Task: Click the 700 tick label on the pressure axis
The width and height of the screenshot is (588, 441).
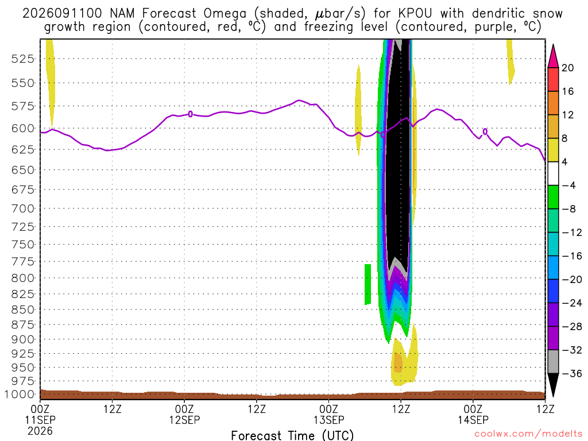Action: click(x=23, y=208)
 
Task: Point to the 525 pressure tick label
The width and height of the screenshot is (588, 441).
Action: click(x=23, y=59)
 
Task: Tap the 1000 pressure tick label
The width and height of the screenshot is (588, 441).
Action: click(x=20, y=394)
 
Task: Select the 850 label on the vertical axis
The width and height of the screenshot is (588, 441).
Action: click(x=23, y=310)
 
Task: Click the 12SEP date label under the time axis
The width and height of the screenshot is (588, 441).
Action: click(x=184, y=420)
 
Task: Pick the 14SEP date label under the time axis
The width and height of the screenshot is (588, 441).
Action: click(x=473, y=420)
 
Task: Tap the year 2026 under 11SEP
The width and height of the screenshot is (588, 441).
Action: click(x=40, y=431)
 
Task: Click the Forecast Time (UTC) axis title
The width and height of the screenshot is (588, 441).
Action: click(x=292, y=435)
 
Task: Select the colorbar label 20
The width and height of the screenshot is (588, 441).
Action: click(x=568, y=68)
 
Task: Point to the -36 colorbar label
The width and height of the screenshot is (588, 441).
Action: click(x=572, y=373)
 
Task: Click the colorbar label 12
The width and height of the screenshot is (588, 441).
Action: click(x=568, y=115)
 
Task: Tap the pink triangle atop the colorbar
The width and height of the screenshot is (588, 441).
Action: click(x=553, y=56)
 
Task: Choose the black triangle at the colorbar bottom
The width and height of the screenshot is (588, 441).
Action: click(x=553, y=384)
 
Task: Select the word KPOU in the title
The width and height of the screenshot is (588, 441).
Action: click(x=415, y=14)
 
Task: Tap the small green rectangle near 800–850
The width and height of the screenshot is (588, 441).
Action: click(x=368, y=284)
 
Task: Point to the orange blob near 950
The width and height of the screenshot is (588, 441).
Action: click(x=398, y=363)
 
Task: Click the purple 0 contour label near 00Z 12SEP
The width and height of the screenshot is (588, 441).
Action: click(x=191, y=114)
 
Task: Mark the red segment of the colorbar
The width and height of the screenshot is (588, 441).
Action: click(x=553, y=79)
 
